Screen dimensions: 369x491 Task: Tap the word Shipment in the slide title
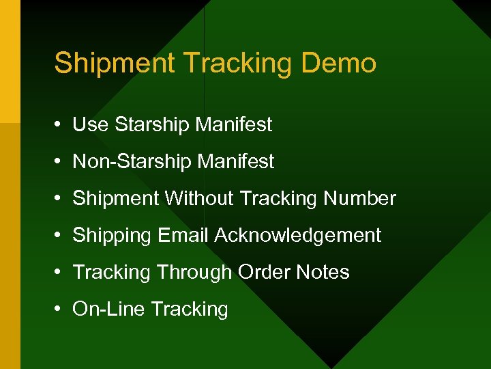115,63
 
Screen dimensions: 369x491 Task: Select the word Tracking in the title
238,63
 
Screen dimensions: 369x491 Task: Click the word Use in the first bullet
91,124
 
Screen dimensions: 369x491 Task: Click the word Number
360,198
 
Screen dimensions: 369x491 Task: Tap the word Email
183,235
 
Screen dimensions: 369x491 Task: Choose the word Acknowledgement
298,236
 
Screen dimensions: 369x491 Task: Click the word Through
194,273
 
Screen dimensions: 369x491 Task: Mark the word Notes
323,272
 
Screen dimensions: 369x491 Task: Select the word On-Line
108,309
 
